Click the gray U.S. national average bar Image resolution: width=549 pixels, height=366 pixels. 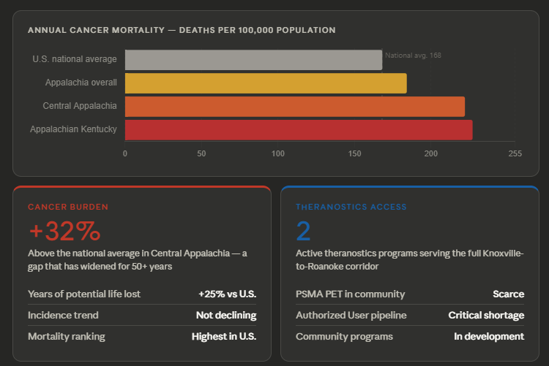(253, 60)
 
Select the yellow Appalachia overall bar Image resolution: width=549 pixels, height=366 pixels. (266, 83)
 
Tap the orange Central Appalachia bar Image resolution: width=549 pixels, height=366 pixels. (294, 107)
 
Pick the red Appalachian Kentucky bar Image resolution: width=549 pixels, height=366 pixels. (299, 130)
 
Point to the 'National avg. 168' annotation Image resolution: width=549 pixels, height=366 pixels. (413, 56)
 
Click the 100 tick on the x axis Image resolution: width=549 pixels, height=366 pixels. (278, 153)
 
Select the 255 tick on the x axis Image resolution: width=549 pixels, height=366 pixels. (515, 153)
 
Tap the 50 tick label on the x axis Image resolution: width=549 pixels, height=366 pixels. (201, 153)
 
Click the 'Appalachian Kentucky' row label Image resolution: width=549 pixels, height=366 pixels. (73, 129)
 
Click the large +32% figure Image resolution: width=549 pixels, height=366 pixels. (64, 231)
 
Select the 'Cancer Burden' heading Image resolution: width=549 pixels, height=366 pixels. (68, 207)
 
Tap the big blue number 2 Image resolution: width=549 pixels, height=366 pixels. (303, 231)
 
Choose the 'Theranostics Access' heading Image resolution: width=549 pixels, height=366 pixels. (351, 207)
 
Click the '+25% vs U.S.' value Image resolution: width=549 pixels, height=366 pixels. (227, 294)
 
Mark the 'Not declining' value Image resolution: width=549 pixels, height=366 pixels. (225, 316)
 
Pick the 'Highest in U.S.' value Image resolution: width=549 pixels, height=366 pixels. (224, 337)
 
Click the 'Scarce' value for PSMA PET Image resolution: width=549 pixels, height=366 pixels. (508, 294)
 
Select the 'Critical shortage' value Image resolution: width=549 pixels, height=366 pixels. (486, 316)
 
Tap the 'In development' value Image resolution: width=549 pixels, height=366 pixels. (489, 337)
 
